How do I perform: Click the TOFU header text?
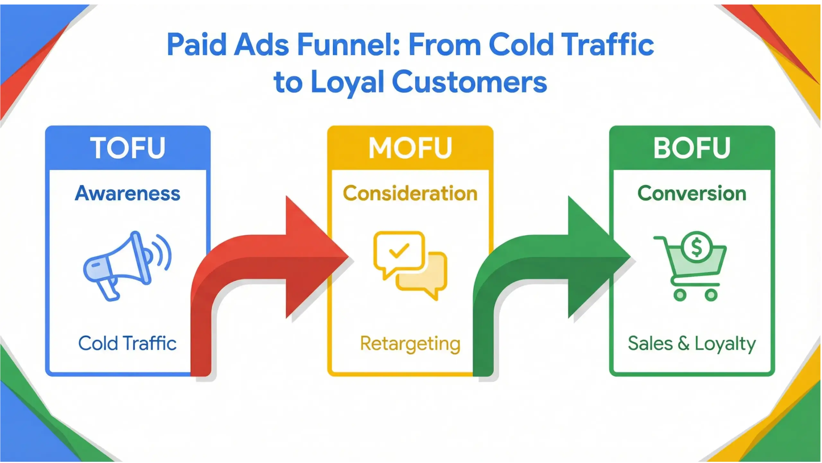coord(128,148)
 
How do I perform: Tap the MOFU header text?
coord(410,148)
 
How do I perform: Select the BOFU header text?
coord(692,148)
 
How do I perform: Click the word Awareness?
coord(128,193)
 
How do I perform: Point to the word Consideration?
coord(410,193)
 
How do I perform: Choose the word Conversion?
coord(692,193)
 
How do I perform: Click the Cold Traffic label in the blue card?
coord(127,343)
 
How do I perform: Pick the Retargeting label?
coord(410,344)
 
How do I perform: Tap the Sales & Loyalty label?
coord(692,344)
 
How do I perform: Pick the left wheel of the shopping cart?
coord(680,295)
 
